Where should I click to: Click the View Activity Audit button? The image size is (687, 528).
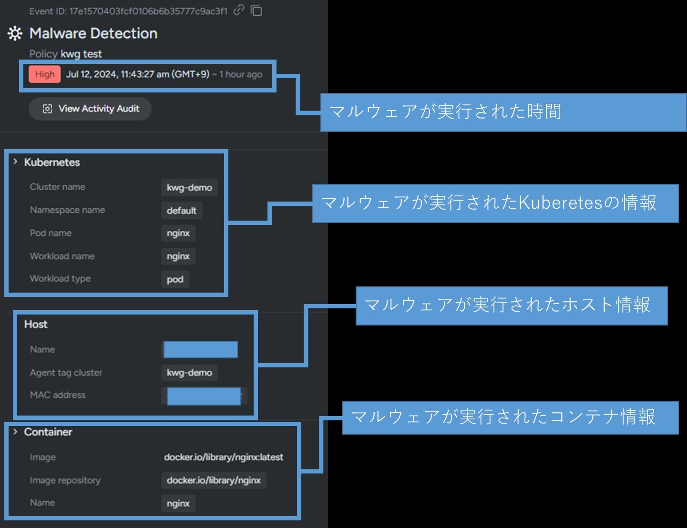pos(90,109)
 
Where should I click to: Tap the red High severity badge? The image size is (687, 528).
pos(45,74)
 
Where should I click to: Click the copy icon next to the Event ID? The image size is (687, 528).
pos(256,10)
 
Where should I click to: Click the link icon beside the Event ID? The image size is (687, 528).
pos(239,10)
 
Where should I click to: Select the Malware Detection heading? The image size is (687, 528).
pos(93,33)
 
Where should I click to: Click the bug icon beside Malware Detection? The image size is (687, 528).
pos(15,33)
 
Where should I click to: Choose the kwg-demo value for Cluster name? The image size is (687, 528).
pos(189,187)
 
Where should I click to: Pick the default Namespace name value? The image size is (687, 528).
pos(182,211)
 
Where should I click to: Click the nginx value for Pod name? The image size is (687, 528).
pos(178,234)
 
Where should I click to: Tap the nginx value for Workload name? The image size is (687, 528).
pos(178,256)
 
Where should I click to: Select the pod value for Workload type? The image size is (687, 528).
pos(175,279)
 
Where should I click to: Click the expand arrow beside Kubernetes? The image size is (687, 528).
pos(15,162)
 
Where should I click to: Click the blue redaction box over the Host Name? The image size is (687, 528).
pos(200,349)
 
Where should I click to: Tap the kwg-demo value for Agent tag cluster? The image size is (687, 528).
pos(189,373)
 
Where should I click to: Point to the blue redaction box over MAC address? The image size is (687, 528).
pos(204,396)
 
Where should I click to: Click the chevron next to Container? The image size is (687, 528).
pos(15,432)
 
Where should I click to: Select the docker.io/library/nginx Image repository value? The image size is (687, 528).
pos(214,480)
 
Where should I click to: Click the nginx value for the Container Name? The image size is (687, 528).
pos(178,503)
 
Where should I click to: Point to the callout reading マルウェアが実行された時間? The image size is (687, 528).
pos(503,112)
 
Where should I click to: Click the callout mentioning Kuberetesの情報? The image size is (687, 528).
pos(495,203)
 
